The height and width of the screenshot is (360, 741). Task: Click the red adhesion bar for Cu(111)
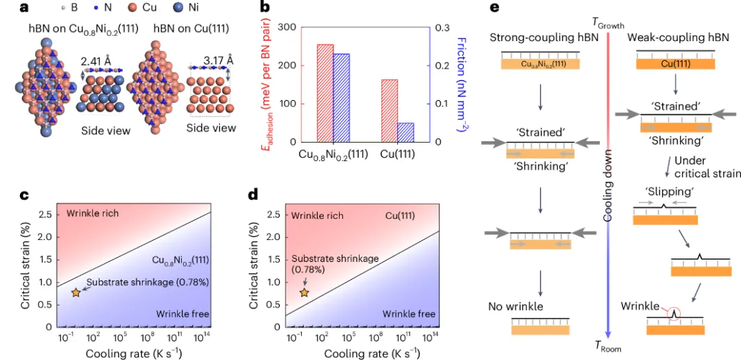(389, 110)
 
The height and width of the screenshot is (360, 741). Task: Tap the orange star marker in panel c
(75, 293)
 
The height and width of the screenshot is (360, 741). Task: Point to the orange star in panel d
(304, 293)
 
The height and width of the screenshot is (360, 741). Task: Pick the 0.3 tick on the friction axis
(440, 27)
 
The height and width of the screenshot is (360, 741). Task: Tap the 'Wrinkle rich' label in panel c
(93, 214)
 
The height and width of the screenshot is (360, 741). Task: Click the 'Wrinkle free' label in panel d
(409, 314)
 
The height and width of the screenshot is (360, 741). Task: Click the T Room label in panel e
(608, 348)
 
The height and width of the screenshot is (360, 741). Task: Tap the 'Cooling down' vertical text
(608, 185)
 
